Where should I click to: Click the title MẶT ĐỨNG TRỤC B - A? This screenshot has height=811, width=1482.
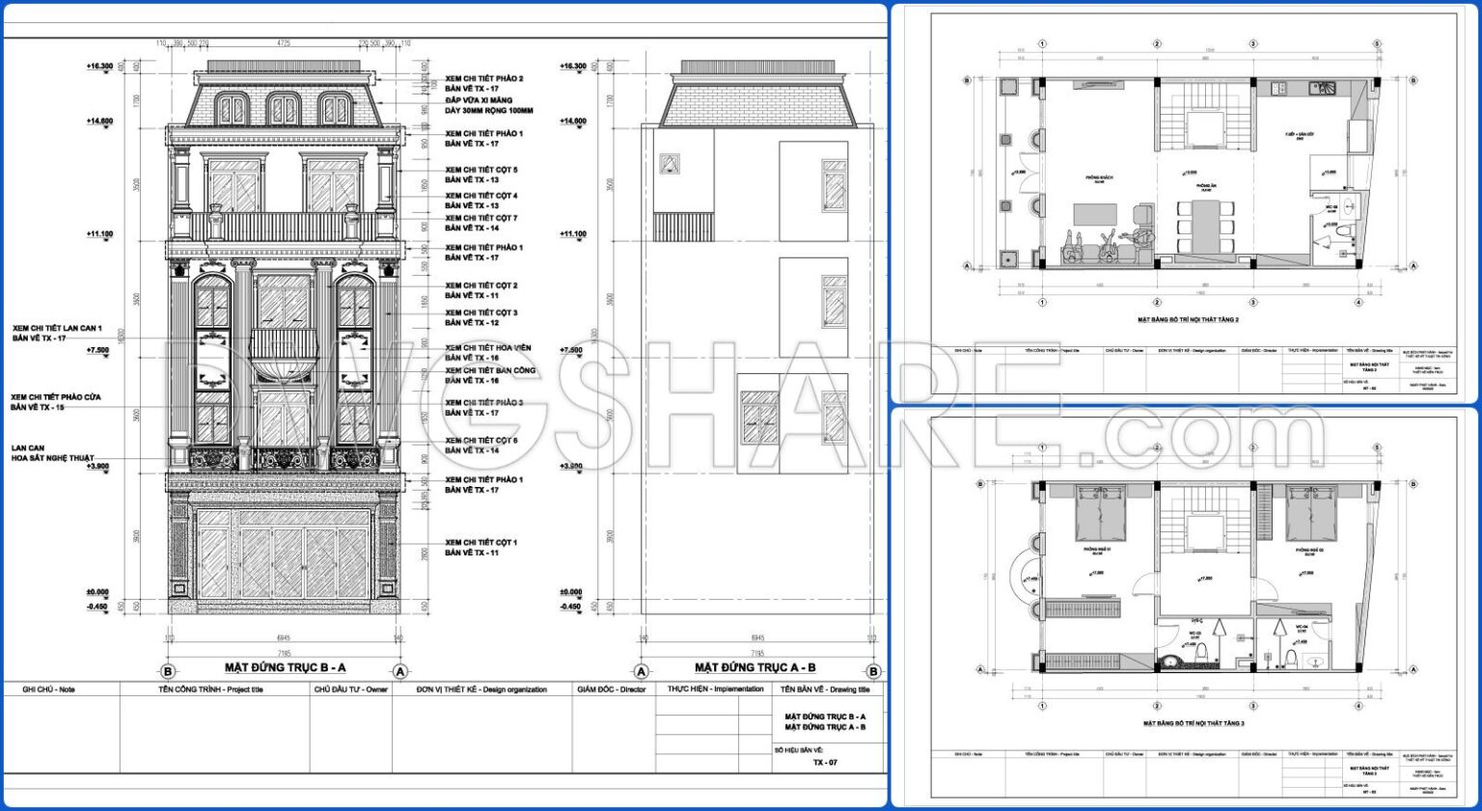285,667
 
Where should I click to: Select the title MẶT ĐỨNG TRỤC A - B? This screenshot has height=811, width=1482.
755,667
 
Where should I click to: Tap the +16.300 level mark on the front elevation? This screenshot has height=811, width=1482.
99,67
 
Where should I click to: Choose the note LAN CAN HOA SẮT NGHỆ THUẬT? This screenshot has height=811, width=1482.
52,453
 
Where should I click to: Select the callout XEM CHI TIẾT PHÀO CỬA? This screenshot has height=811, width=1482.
55,402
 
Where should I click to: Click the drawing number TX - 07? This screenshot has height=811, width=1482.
825,762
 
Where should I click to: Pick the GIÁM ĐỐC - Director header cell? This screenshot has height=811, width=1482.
612,689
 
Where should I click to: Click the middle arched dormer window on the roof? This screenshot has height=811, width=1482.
283,110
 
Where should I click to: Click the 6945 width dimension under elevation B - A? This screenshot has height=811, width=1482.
284,637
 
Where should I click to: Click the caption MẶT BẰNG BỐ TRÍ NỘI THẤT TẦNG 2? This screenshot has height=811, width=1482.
1188,319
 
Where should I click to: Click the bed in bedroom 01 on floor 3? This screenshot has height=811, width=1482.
1101,514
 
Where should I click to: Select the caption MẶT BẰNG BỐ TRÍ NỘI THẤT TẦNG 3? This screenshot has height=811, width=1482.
1194,722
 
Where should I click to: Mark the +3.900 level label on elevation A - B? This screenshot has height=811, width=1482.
571,467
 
